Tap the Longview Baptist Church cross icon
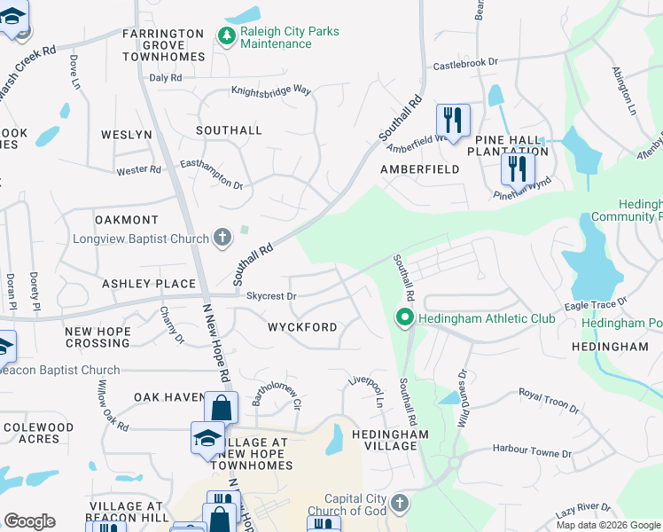point(222,238)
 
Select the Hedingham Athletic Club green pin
point(405,317)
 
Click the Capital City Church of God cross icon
point(400,504)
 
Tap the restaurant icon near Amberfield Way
point(453,120)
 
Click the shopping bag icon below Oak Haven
point(221,409)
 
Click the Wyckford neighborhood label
point(302,327)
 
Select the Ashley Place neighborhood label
point(149,284)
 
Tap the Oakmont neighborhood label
point(127,219)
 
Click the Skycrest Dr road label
point(271,296)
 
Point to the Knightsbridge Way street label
point(271,90)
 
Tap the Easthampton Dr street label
point(211,174)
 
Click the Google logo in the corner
point(29,521)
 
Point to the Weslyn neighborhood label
point(127,135)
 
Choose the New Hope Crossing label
point(97,337)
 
